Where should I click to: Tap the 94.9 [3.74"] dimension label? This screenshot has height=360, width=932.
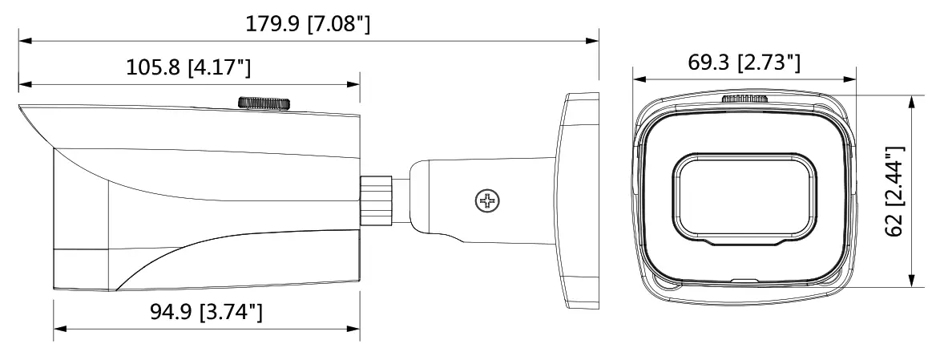click(x=205, y=312)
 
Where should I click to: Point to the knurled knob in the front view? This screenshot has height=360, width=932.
click(x=744, y=99)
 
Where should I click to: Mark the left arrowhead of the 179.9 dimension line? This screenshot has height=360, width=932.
click(x=23, y=38)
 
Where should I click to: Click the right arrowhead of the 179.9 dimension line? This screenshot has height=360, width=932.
click(x=595, y=38)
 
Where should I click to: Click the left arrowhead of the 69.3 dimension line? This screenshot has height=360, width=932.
click(x=638, y=78)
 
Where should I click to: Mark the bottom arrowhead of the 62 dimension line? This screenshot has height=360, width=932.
click(x=911, y=283)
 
